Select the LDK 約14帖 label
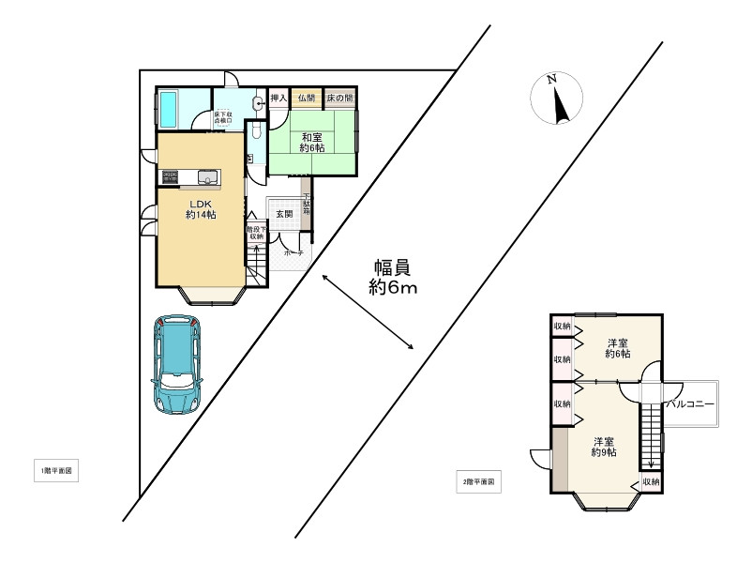coord(202,208)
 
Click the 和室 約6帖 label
coord(312,141)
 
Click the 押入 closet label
coord(278,98)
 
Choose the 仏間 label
coord(307,98)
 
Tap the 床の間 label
coord(339,98)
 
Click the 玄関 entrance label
coord(284,214)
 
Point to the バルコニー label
coord(691,403)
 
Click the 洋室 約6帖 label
coord(617,347)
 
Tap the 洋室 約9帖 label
coord(603,447)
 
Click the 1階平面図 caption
coord(53,471)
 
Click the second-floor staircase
coord(650,431)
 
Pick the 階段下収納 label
coord(256,233)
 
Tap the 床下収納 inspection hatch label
coord(223,117)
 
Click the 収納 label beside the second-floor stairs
coord(650,482)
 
